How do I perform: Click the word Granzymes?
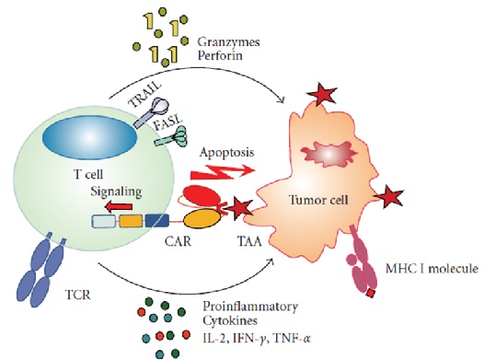click(228, 42)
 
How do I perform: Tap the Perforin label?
click(220, 56)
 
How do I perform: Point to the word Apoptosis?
click(227, 153)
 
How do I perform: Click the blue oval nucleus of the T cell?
click(89, 136)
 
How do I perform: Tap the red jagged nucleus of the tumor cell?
click(329, 154)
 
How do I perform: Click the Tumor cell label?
click(318, 200)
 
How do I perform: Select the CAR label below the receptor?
click(178, 241)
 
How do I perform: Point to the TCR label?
click(78, 296)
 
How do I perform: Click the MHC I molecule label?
click(432, 269)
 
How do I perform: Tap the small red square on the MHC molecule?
click(370, 294)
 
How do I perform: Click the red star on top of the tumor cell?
click(321, 95)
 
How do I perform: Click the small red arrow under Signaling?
click(119, 206)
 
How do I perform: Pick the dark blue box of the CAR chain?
click(157, 221)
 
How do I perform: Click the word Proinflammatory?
click(250, 308)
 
